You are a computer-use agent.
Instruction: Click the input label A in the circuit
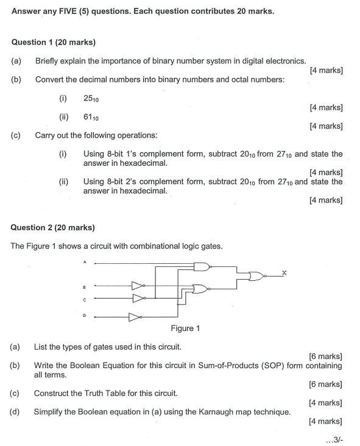point(85,263)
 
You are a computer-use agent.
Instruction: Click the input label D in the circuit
point(85,316)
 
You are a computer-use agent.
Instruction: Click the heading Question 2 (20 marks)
point(54,227)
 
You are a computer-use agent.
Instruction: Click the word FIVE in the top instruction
point(72,11)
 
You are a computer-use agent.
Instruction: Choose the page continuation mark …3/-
point(333,437)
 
